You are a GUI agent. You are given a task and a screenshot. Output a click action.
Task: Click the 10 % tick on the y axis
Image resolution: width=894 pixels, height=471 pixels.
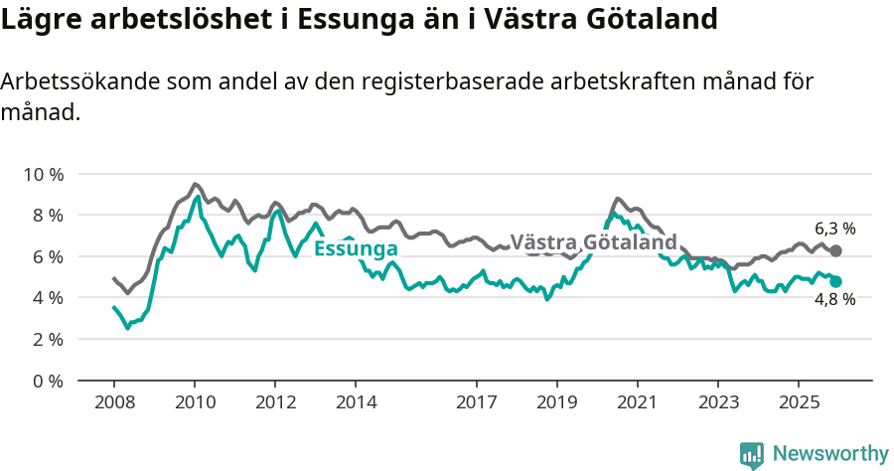[43, 174]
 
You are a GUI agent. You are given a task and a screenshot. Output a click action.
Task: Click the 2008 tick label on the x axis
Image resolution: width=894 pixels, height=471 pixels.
[113, 402]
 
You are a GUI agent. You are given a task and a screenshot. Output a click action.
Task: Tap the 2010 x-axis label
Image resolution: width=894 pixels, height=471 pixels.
[194, 402]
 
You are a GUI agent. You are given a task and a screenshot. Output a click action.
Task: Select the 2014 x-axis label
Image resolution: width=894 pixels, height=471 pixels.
[355, 402]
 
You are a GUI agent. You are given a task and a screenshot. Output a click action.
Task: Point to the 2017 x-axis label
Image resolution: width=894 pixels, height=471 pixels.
[476, 402]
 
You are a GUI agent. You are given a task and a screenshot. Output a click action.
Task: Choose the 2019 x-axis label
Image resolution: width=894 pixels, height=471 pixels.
[556, 402]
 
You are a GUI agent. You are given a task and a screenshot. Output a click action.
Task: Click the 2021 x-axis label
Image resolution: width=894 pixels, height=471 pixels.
[637, 402]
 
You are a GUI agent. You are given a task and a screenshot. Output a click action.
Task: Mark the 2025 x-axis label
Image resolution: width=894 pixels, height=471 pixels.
[798, 402]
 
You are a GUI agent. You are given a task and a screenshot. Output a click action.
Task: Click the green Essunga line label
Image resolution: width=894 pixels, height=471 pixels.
[356, 248]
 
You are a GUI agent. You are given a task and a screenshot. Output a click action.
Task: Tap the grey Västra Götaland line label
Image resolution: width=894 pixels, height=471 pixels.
[593, 242]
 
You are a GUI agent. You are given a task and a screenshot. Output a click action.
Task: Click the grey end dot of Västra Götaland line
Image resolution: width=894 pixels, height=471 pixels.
[835, 251]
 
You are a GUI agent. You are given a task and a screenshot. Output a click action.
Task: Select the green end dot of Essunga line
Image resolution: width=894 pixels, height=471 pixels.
[835, 282]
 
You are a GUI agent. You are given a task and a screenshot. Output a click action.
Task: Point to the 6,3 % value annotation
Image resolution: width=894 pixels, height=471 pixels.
[834, 229]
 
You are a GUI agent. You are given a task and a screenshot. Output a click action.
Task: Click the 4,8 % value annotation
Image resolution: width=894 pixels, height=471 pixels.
[834, 300]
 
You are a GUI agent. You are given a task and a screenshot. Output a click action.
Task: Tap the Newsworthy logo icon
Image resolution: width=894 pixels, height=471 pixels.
[751, 454]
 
